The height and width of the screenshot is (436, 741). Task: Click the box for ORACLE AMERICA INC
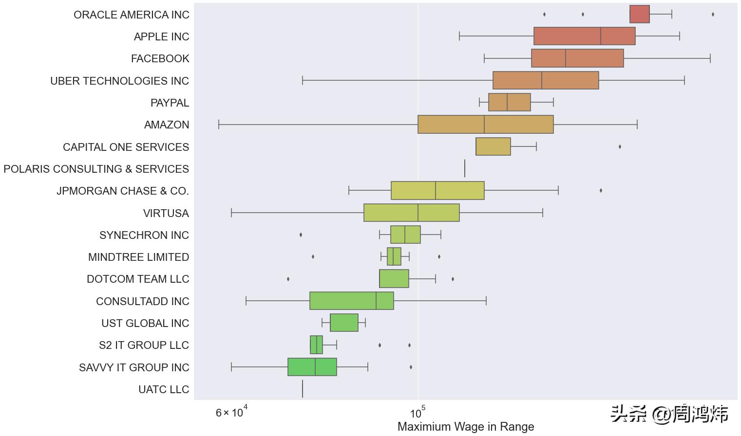(x=639, y=14)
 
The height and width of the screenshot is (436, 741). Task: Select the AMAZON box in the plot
(x=485, y=125)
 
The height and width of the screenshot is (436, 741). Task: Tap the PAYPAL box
(x=509, y=102)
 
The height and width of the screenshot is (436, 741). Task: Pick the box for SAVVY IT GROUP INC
(x=312, y=367)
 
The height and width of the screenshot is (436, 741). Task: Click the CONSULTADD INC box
(x=351, y=301)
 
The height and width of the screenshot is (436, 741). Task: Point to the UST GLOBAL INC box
(x=344, y=323)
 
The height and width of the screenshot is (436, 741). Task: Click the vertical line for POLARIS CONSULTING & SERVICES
(x=465, y=168)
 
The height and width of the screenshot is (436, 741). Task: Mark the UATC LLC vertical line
(x=303, y=389)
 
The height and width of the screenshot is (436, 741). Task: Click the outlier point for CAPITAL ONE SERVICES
(x=620, y=146)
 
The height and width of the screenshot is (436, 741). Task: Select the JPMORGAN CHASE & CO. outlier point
(x=601, y=190)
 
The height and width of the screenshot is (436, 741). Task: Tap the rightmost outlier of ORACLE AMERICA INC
(x=713, y=14)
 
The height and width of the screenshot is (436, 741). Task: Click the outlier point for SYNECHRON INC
(x=301, y=235)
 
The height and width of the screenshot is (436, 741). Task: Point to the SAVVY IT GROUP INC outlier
(x=411, y=367)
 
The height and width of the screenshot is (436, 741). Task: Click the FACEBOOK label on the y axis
(x=160, y=58)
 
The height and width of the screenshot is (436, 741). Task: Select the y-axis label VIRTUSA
(x=166, y=213)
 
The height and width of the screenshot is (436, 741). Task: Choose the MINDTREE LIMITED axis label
(x=138, y=257)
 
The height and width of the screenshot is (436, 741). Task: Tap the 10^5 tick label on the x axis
(x=418, y=413)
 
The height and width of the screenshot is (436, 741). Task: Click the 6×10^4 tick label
(x=232, y=413)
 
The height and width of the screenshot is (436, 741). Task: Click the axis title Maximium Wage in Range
(x=466, y=427)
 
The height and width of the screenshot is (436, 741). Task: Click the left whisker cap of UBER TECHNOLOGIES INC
(x=303, y=80)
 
